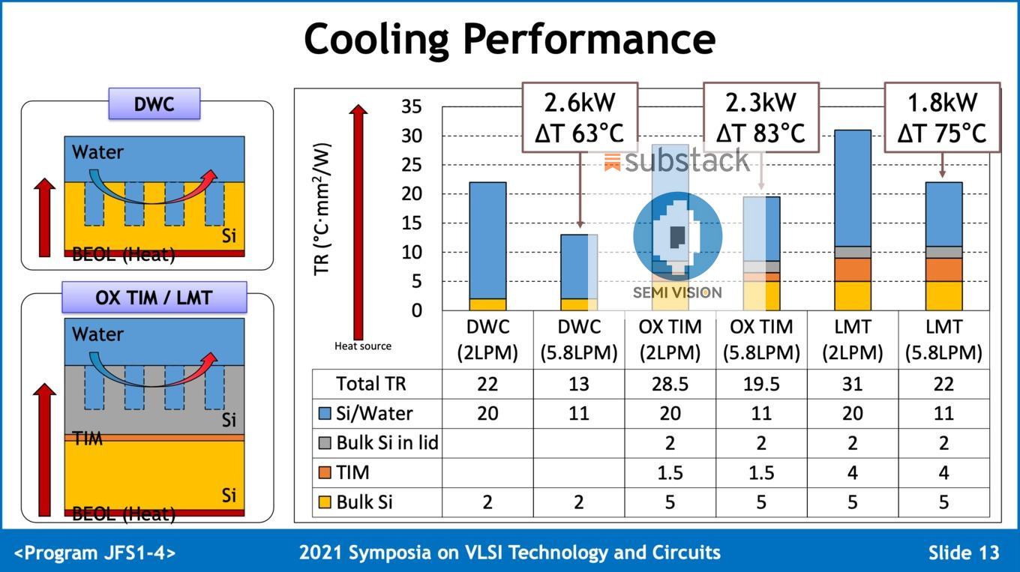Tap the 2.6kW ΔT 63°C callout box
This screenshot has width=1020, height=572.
click(579, 118)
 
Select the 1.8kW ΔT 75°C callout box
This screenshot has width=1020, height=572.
click(942, 118)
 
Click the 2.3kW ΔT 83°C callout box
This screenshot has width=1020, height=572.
click(760, 118)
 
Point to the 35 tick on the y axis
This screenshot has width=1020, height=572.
click(412, 106)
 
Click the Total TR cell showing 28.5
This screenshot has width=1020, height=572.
click(670, 384)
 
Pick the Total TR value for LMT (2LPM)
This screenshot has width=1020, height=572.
click(852, 384)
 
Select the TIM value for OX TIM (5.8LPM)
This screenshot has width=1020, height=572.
click(760, 472)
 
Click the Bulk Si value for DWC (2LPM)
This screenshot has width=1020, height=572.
click(487, 502)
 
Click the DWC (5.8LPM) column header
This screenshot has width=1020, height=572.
click(579, 340)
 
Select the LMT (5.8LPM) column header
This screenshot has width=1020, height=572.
click(943, 340)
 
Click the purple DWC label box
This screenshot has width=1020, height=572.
click(154, 103)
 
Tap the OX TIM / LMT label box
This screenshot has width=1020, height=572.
click(154, 298)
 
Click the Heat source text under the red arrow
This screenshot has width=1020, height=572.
click(362, 346)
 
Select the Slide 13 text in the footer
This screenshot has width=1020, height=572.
click(963, 553)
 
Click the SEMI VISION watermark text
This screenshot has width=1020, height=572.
click(676, 292)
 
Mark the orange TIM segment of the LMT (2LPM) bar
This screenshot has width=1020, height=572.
click(852, 269)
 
